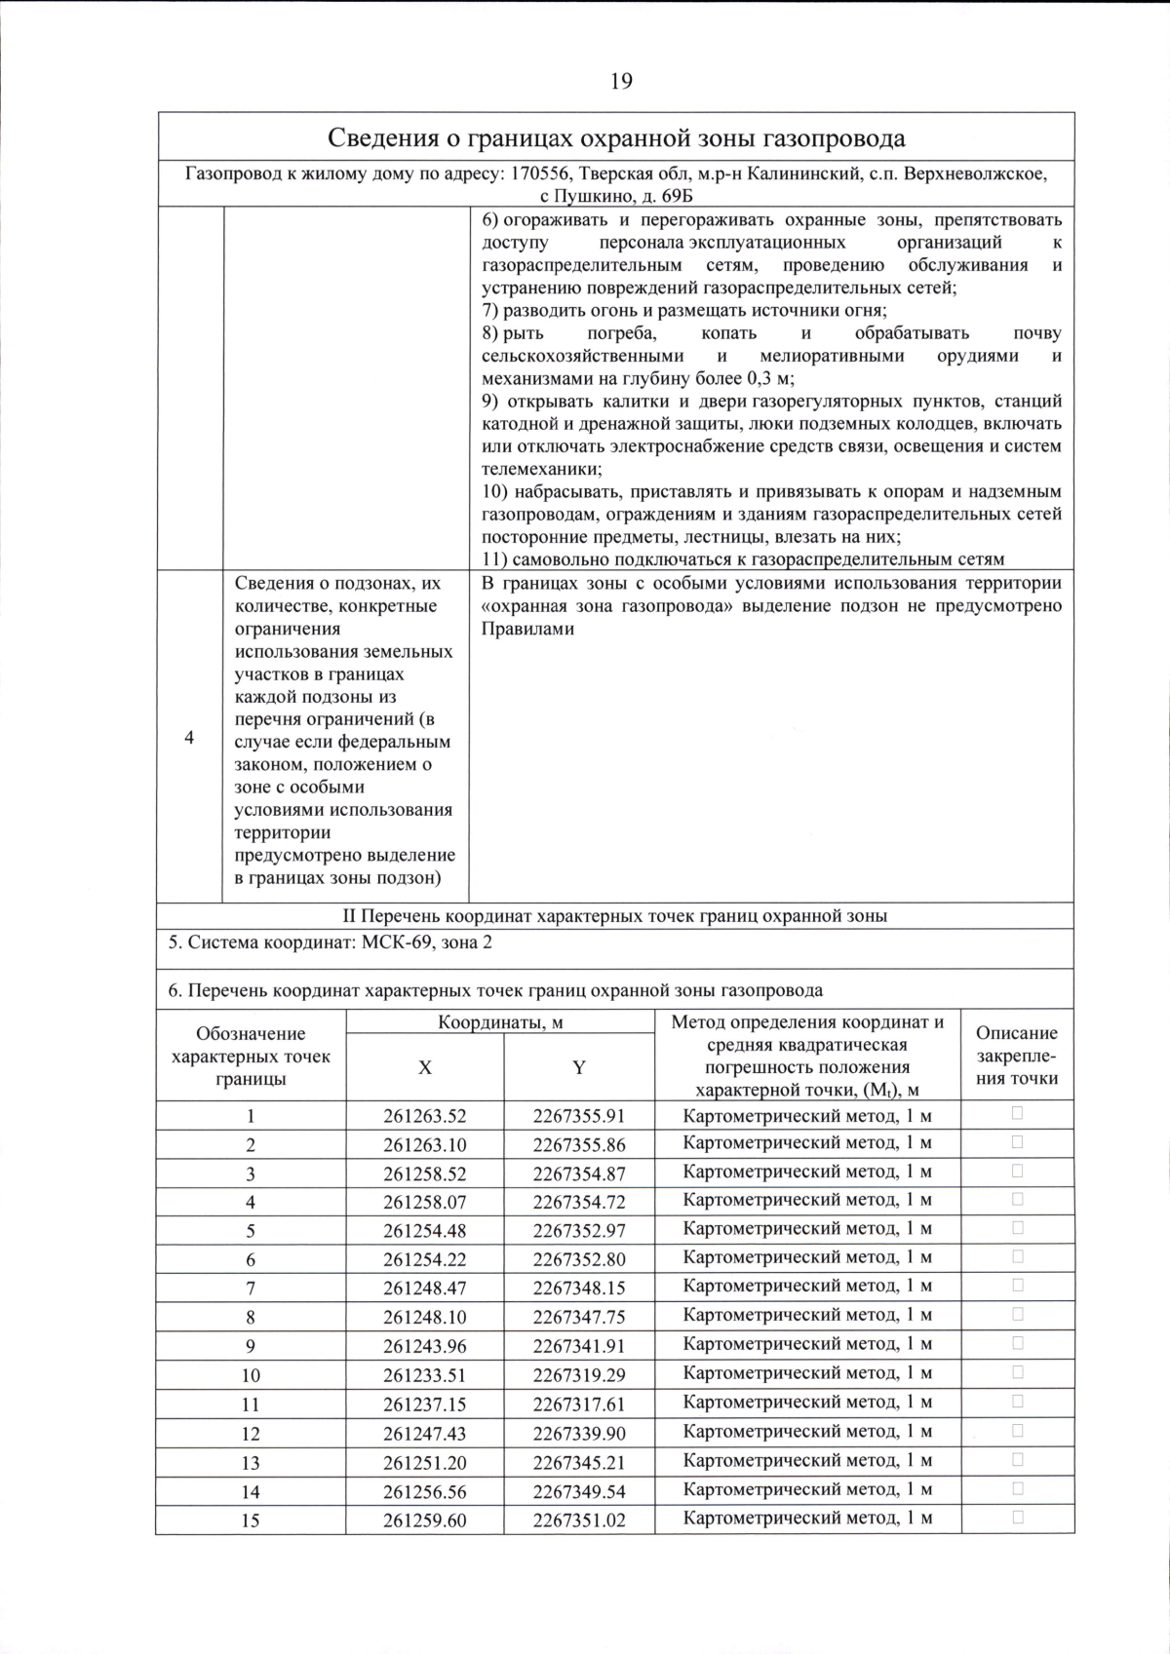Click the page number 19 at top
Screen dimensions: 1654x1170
[621, 81]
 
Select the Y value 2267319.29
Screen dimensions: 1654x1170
[579, 1375]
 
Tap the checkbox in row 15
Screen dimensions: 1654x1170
[1017, 1517]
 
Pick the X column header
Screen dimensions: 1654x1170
[425, 1067]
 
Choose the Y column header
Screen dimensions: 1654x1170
[579, 1067]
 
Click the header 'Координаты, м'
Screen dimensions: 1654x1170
[500, 1022]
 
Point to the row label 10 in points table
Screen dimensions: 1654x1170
[251, 1375]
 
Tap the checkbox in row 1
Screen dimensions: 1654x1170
[1017, 1112]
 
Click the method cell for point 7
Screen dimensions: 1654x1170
[807, 1287]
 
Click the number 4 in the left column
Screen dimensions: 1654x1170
[189, 737]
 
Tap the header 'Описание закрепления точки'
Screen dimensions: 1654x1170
[1017, 1056]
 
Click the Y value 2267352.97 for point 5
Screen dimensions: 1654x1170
[579, 1229]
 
